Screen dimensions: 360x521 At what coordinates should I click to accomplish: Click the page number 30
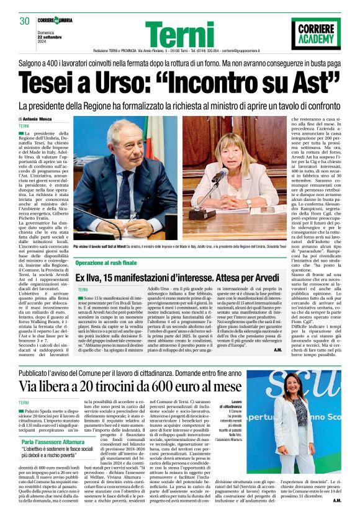[25, 20]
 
